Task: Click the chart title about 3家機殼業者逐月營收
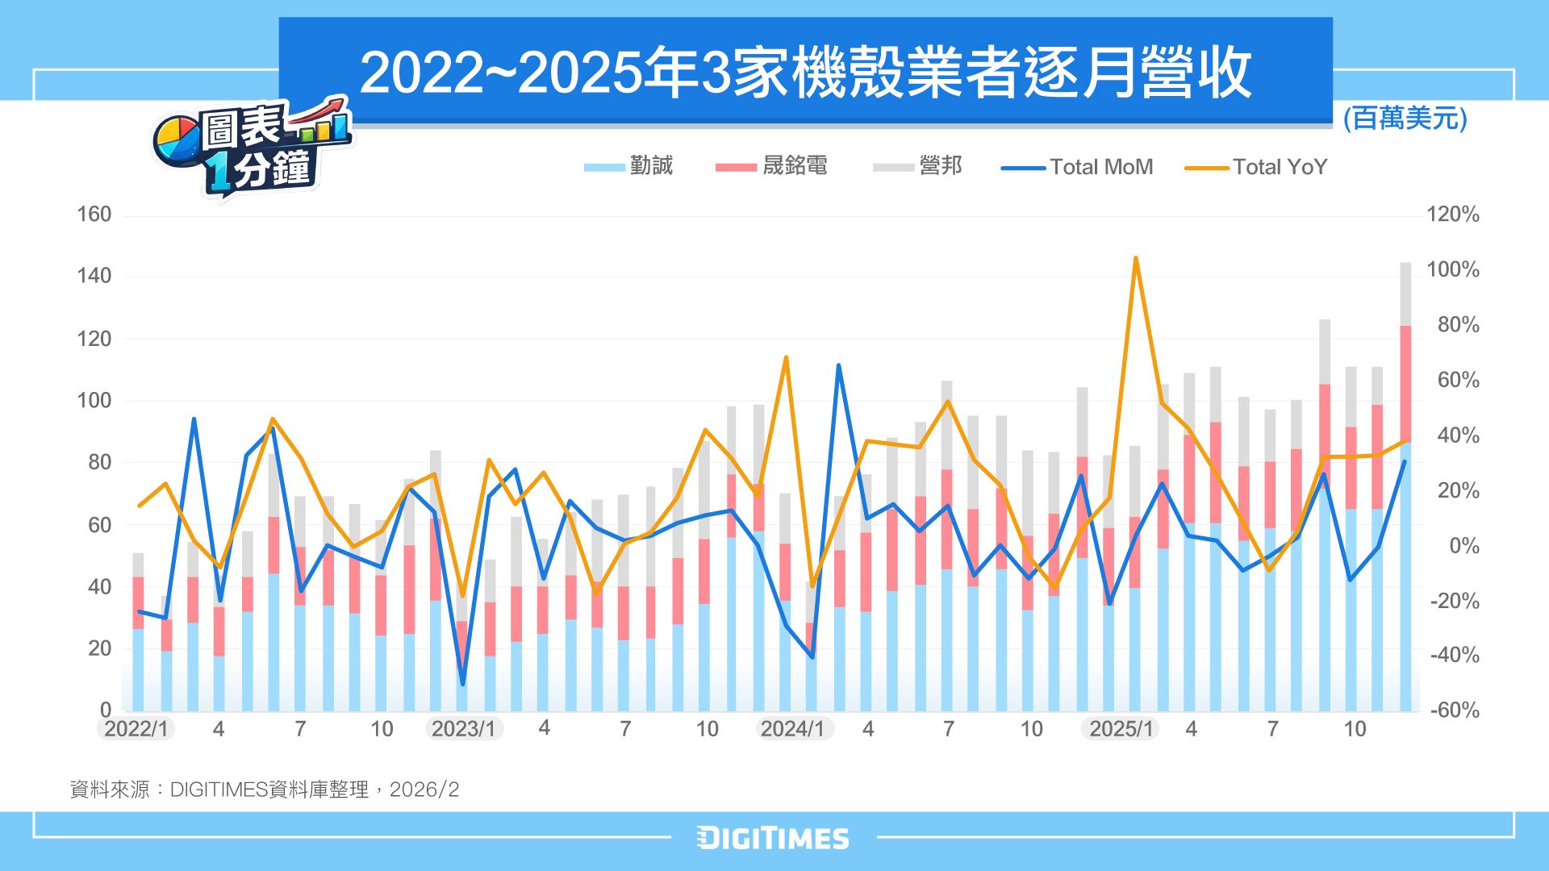[805, 73]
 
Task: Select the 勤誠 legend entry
[629, 166]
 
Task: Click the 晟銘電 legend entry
[772, 166]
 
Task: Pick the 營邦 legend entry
[918, 166]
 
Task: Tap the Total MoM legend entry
[1078, 167]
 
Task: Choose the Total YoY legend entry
[1256, 167]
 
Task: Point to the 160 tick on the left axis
[94, 215]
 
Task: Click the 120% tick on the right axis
[1453, 215]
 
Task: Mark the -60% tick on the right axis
[1455, 711]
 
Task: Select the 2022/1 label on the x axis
[136, 729]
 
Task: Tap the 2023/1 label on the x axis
[464, 729]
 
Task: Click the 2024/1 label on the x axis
[793, 729]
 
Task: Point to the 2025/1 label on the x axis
[1121, 729]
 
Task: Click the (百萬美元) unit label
[1405, 119]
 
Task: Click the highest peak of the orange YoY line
[1135, 259]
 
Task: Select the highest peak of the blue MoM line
[838, 365]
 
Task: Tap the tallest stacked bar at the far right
[1405, 484]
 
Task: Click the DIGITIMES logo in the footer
[773, 838]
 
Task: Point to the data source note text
[265, 790]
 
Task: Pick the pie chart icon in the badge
[177, 141]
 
